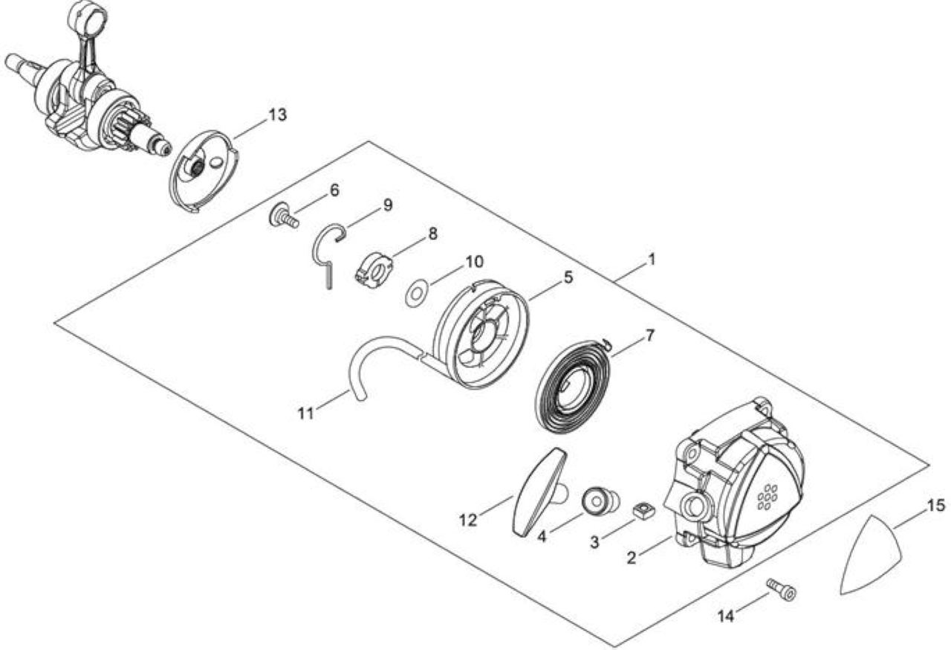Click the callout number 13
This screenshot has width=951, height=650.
click(x=278, y=115)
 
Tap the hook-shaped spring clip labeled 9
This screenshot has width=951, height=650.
click(x=328, y=254)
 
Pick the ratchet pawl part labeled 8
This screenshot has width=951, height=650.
click(x=374, y=269)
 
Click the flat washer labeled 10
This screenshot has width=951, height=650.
click(x=417, y=293)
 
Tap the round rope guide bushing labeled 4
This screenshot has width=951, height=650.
click(x=600, y=503)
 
